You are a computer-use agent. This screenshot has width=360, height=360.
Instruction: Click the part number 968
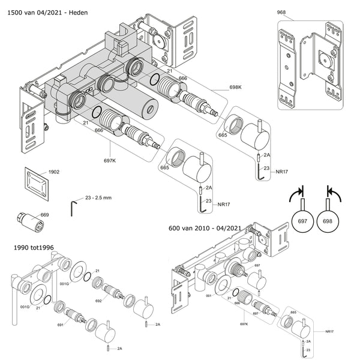click(281, 12)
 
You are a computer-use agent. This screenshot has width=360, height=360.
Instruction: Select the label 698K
click(235, 87)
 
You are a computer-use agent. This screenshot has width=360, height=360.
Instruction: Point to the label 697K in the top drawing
click(110, 161)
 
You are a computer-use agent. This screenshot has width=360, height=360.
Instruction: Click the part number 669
click(44, 215)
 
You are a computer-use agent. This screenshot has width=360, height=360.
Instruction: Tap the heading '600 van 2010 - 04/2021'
click(205, 228)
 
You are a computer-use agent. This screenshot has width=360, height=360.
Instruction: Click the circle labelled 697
click(302, 221)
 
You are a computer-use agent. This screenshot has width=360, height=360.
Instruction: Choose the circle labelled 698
click(328, 221)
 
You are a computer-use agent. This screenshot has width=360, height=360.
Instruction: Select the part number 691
click(60, 325)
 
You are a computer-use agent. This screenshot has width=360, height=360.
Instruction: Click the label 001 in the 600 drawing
click(209, 296)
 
